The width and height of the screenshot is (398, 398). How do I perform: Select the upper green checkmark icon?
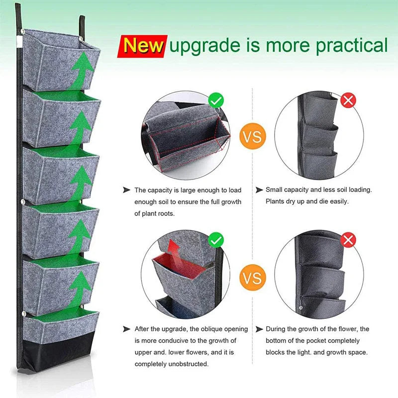(216, 101)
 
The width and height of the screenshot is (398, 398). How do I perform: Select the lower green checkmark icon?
(216, 241)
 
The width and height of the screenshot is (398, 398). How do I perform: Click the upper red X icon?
(348, 101)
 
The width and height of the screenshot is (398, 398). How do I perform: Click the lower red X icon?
(348, 241)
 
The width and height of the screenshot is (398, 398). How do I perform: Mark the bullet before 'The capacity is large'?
(126, 190)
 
